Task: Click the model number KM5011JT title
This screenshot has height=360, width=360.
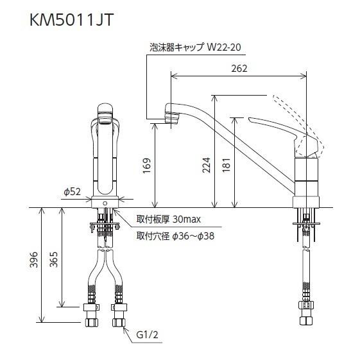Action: click(x=72, y=20)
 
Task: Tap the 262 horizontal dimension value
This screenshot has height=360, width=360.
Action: click(x=239, y=69)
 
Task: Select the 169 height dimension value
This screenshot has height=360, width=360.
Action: click(x=147, y=166)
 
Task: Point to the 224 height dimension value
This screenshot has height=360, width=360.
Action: click(x=206, y=165)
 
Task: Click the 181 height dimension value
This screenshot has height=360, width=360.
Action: click(x=227, y=165)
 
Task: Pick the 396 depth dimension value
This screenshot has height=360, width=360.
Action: click(x=34, y=260)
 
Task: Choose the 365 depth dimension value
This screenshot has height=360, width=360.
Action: click(x=54, y=260)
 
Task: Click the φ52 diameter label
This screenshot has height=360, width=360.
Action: click(x=73, y=191)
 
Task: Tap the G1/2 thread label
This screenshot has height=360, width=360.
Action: click(x=147, y=335)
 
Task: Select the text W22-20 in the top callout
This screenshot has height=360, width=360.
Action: click(x=224, y=47)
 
